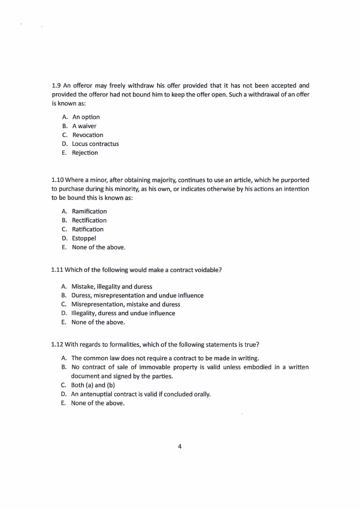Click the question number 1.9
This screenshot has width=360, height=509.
tap(56, 85)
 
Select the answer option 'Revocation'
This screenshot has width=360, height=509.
tap(88, 135)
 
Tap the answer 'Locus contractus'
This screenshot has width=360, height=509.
tap(95, 144)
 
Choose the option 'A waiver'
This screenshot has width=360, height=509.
tap(84, 126)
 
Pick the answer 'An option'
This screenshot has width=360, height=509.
tap(86, 117)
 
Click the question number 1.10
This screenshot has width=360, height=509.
tap(58, 180)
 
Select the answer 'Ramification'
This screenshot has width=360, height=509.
tap(89, 211)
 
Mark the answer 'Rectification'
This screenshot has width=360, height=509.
tap(89, 220)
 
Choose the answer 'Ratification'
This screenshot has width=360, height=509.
tap(88, 229)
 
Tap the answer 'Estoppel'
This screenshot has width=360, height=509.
tap(84, 238)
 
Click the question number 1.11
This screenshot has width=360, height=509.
tap(58, 270)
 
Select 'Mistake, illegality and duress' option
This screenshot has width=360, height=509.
tap(112, 287)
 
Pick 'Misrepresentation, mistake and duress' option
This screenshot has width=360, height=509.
tap(126, 304)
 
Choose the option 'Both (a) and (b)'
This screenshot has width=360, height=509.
tap(93, 385)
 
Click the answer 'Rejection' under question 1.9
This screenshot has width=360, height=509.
tap(85, 153)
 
